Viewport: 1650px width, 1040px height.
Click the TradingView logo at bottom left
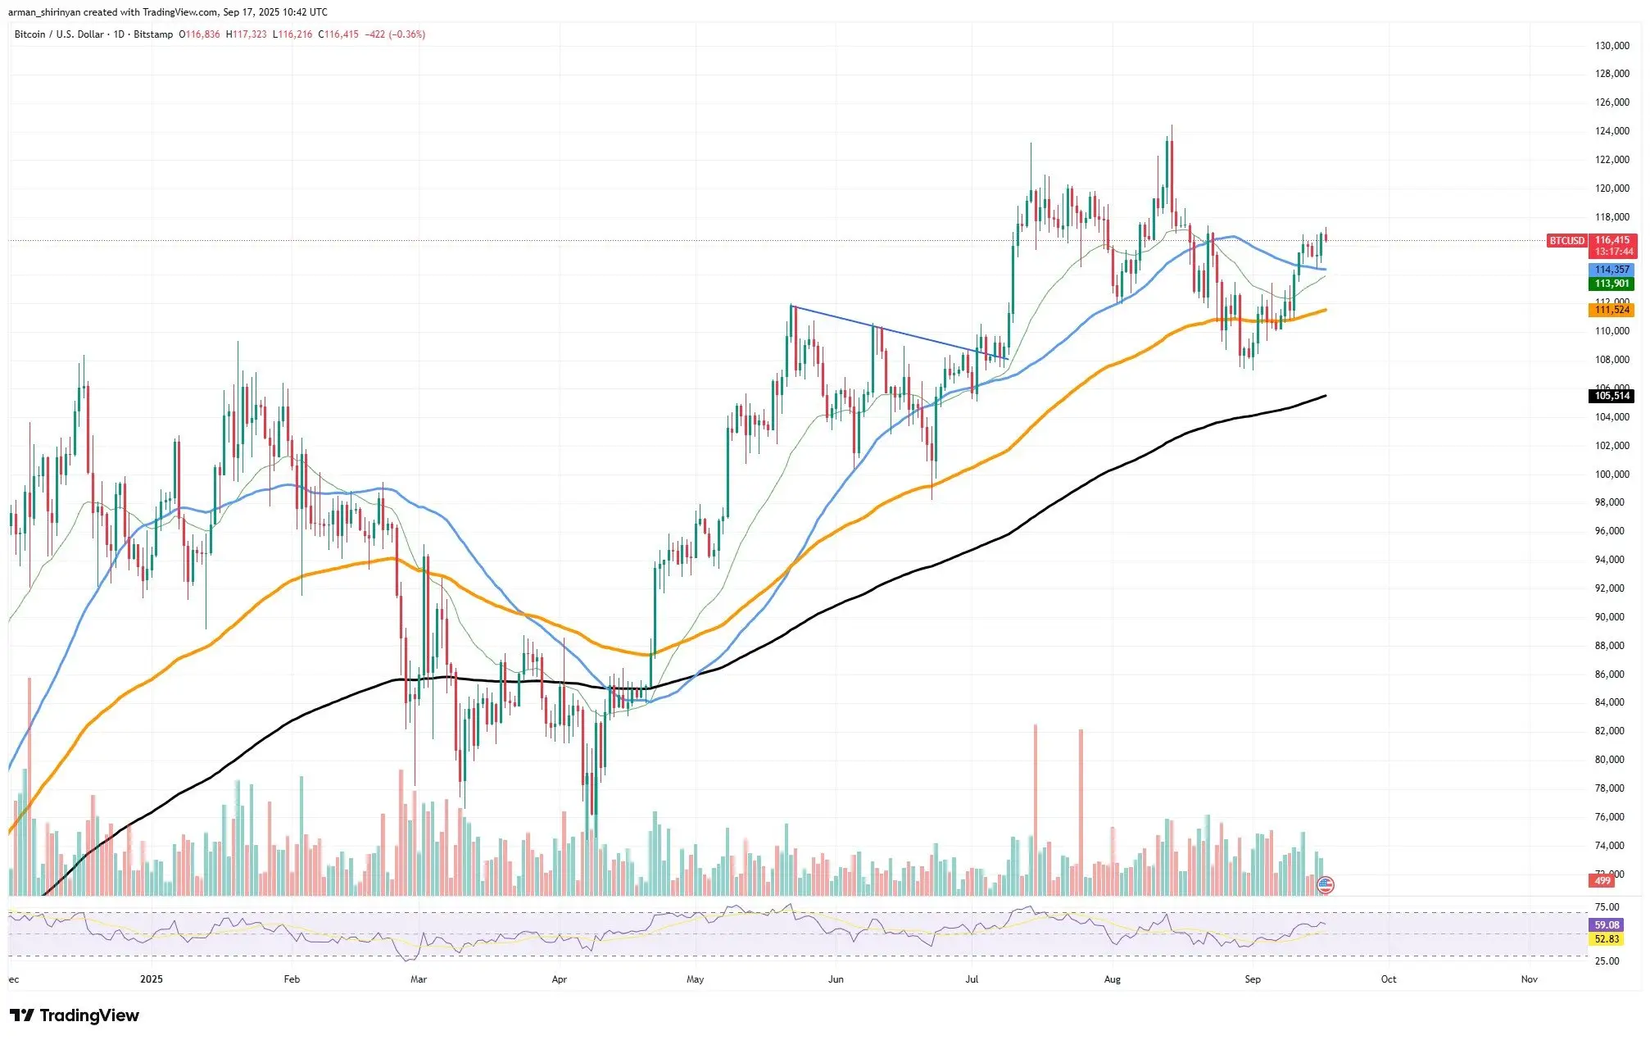(x=75, y=1015)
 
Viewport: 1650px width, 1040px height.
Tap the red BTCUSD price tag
(x=1566, y=241)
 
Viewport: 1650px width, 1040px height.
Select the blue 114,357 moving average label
(x=1611, y=270)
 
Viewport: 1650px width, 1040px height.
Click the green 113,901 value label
(x=1611, y=284)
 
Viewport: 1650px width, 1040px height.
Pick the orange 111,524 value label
(x=1611, y=310)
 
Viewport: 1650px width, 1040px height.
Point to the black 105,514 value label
(x=1611, y=396)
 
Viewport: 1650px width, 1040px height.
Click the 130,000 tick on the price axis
(x=1611, y=46)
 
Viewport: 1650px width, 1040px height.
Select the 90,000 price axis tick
(x=1609, y=617)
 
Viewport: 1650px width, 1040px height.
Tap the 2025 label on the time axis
(x=152, y=979)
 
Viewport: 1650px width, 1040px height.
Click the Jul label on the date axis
(x=972, y=979)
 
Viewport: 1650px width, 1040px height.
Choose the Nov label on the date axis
(x=1529, y=979)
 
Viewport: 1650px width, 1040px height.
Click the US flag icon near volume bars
(x=1325, y=884)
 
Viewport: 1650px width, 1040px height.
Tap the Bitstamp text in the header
(x=153, y=34)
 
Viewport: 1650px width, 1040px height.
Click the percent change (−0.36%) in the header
(x=407, y=34)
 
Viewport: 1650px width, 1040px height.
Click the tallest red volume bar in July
(x=1036, y=807)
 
